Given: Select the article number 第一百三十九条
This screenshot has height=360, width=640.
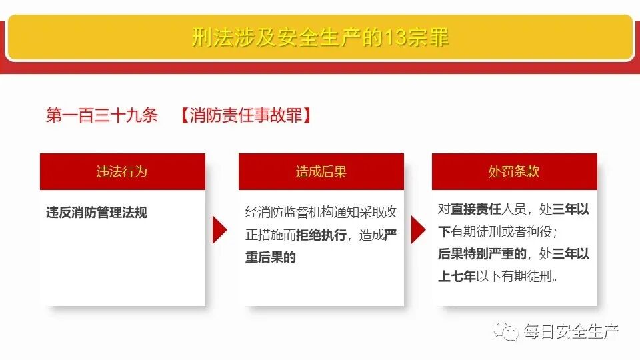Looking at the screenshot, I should point(102,116).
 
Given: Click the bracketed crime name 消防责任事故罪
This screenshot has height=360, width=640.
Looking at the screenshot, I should point(246,116).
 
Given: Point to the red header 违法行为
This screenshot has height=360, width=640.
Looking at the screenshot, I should point(122,171).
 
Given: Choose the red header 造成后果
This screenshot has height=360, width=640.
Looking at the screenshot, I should point(321,171).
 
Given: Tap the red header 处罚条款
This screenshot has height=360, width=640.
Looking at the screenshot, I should point(514,171).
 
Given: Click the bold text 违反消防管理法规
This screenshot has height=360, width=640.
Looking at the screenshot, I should point(97,213).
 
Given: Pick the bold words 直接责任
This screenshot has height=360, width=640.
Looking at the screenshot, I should point(476,209).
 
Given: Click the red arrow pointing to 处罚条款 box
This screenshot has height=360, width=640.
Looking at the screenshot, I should point(418,230).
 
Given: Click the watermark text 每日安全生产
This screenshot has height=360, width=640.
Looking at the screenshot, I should point(571,331).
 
